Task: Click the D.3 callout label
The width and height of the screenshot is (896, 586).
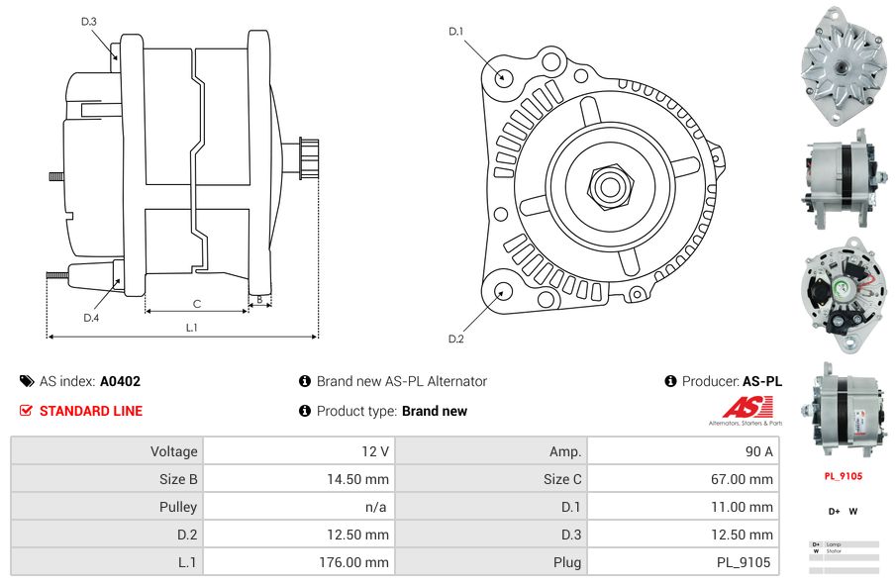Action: [88, 21]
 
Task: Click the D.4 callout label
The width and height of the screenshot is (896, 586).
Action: [91, 318]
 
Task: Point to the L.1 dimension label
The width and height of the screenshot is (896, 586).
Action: [191, 328]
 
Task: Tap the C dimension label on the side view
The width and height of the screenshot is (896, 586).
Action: [197, 304]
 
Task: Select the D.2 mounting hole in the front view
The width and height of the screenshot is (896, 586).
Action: [502, 291]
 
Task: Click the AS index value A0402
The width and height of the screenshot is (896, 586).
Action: [120, 381]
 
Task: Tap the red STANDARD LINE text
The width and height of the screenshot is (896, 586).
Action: [91, 411]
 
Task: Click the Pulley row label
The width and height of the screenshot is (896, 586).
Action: [178, 507]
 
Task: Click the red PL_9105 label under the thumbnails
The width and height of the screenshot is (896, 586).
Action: [843, 476]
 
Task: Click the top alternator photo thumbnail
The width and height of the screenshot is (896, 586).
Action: [843, 65]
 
